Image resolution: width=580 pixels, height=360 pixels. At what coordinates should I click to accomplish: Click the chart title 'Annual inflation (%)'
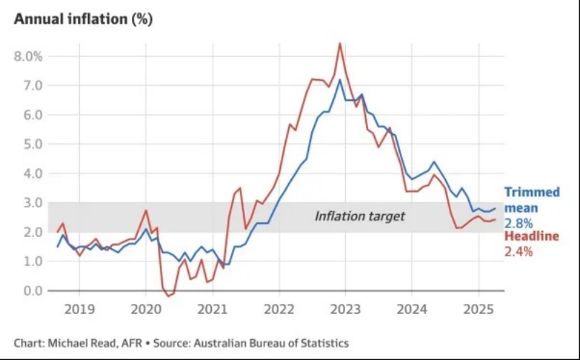83,19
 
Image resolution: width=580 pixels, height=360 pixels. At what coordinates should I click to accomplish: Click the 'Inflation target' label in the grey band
360,215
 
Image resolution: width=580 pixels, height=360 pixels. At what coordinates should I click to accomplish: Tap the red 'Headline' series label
532,237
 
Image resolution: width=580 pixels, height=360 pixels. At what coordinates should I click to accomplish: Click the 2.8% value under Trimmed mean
517,224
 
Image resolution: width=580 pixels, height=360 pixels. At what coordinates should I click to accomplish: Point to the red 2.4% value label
517,251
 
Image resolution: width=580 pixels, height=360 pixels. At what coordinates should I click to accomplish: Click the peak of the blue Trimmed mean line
340,79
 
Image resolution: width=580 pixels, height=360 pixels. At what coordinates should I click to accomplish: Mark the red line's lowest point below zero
168,296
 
